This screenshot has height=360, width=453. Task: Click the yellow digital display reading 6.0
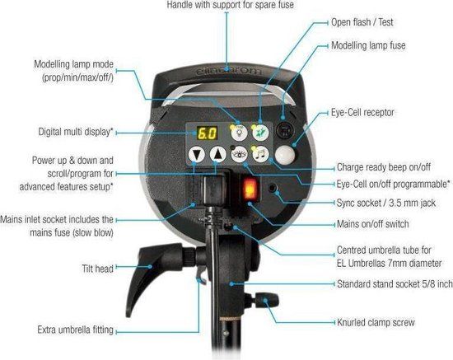click(x=207, y=133)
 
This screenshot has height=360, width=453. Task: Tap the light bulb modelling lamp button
click(x=239, y=133)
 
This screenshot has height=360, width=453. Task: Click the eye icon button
click(x=239, y=154)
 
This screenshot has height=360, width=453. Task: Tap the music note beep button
click(x=260, y=154)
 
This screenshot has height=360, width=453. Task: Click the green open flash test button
click(x=260, y=133)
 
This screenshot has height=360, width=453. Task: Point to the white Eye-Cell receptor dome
click(x=285, y=155)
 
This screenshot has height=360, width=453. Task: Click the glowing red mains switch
click(x=250, y=189)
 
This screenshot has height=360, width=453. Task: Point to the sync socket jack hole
click(x=272, y=188)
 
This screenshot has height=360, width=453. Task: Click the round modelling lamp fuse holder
click(x=285, y=131)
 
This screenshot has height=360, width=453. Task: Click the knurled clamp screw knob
click(x=266, y=300)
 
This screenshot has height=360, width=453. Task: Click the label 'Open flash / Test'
click(x=362, y=22)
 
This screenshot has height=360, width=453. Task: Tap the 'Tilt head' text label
click(x=98, y=269)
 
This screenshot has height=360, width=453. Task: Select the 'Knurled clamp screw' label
click(x=376, y=322)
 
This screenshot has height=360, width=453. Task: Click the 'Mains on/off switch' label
click(x=372, y=224)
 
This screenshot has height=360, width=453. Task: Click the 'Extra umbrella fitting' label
click(x=76, y=330)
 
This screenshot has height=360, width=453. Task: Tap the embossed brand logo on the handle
click(x=228, y=71)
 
